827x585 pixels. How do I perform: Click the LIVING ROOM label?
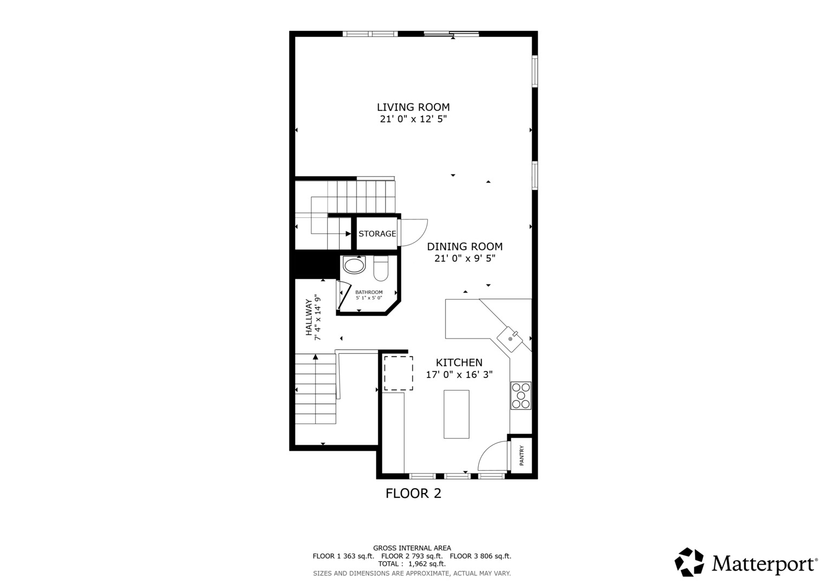pyautogui.click(x=413, y=107)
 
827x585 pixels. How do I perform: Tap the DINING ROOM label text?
pyautogui.click(x=465, y=246)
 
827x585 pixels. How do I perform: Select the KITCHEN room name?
pyautogui.click(x=459, y=362)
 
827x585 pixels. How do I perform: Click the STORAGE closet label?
pyautogui.click(x=377, y=234)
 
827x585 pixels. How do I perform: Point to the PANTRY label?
pyautogui.click(x=522, y=456)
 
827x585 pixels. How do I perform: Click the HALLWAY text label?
pyautogui.click(x=309, y=317)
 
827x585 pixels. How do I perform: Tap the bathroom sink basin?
pyautogui.click(x=354, y=265)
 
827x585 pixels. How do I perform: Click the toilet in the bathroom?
pyautogui.click(x=381, y=268)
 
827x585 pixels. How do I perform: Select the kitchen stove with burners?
pyautogui.click(x=521, y=395)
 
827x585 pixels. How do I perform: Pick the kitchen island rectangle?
pyautogui.click(x=457, y=414)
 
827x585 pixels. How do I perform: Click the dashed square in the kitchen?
pyautogui.click(x=399, y=373)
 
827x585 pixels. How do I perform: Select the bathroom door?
pyautogui.click(x=344, y=295)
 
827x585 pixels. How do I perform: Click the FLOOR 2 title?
pyautogui.click(x=414, y=493)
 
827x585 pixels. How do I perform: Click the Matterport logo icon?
pyautogui.click(x=689, y=562)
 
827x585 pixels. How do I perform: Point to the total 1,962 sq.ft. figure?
pyautogui.click(x=427, y=564)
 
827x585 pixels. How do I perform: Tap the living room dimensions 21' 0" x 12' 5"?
pyautogui.click(x=413, y=119)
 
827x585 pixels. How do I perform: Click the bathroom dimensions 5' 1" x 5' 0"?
pyautogui.click(x=369, y=298)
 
